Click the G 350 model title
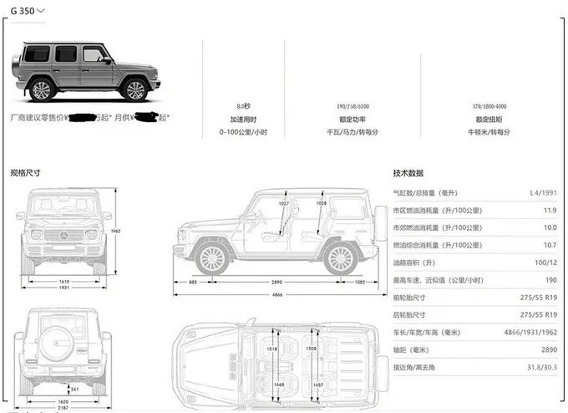[23, 11]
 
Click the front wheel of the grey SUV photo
[42, 90]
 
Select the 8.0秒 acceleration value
[243, 106]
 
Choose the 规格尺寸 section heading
[25, 173]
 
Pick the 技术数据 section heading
[408, 173]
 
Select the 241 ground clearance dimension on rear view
[75, 389]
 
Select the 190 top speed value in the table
[550, 280]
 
